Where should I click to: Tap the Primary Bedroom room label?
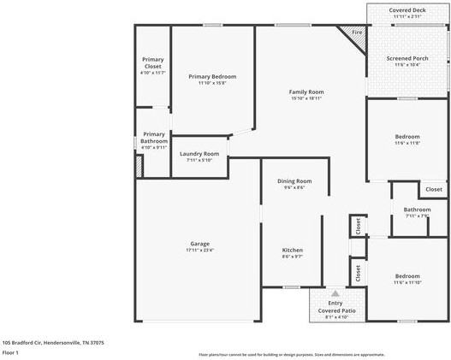point(211,77)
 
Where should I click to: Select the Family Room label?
point(306,91)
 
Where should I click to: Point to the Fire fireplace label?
point(356,32)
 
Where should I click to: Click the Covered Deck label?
point(406,9)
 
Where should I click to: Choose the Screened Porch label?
point(406,58)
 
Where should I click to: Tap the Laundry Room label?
point(199,154)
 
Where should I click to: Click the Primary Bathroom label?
point(153,137)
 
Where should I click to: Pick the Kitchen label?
point(292,249)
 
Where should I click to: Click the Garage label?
point(199,244)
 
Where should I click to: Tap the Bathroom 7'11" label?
point(418,210)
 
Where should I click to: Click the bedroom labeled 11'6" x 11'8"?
point(407,137)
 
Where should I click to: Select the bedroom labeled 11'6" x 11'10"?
point(407,276)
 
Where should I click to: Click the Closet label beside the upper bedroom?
point(433,189)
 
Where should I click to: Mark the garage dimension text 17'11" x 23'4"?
point(199,251)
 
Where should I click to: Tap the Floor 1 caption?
point(11,351)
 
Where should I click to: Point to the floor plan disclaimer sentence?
point(291,354)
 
